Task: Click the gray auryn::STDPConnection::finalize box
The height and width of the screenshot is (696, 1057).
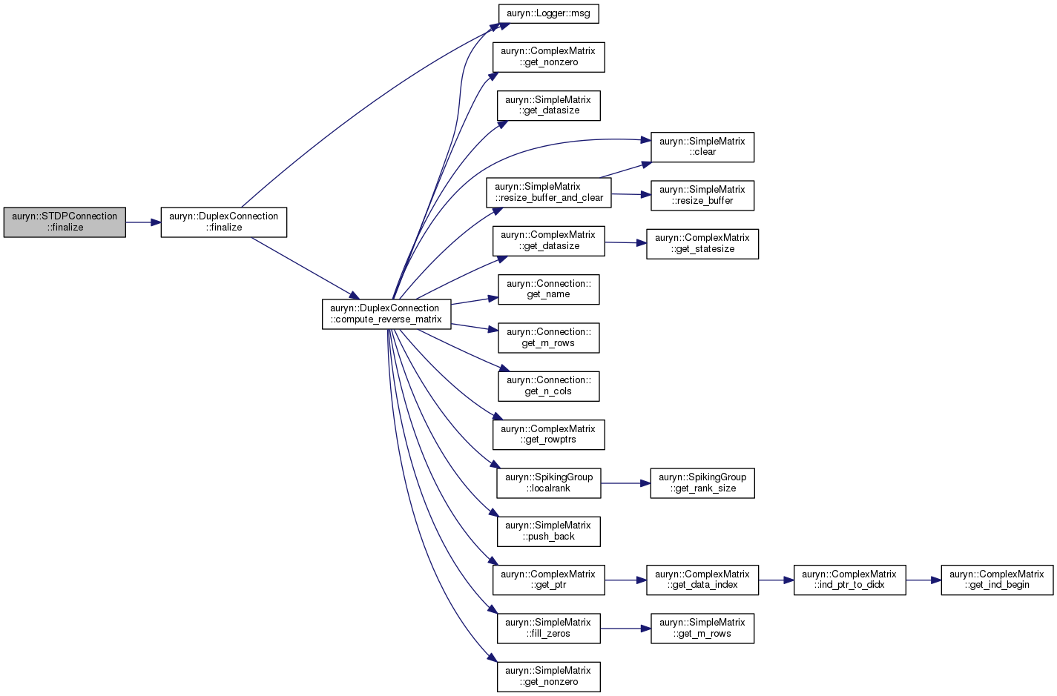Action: [x=65, y=222]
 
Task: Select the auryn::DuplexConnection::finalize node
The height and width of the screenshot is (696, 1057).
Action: [x=224, y=222]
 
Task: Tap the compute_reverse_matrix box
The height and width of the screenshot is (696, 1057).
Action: [x=386, y=314]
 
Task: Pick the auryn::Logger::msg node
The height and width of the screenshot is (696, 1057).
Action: [x=548, y=13]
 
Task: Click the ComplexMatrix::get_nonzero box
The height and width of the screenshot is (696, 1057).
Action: [x=548, y=57]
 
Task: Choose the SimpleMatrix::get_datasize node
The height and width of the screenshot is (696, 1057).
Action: [x=548, y=106]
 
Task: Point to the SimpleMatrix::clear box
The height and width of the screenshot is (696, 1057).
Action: [x=702, y=147]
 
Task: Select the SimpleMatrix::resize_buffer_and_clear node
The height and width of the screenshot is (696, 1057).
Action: [x=549, y=193]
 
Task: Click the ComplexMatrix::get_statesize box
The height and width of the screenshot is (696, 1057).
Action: [x=702, y=244]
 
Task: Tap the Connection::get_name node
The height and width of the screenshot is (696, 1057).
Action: [x=548, y=290]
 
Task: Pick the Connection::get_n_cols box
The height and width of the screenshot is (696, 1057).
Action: [x=548, y=386]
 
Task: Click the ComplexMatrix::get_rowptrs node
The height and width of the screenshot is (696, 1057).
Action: [x=548, y=435]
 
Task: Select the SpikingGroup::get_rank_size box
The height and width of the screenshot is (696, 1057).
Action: [x=702, y=483]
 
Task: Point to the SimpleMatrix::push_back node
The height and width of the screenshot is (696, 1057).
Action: [x=548, y=531]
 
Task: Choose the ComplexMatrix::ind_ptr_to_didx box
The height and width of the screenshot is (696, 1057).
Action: [x=849, y=580]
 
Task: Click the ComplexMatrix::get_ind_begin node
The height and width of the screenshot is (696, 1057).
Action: [x=997, y=580]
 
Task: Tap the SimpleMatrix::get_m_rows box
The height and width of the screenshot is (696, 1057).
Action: [x=702, y=628]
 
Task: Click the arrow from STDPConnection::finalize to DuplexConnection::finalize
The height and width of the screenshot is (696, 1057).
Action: [x=143, y=222]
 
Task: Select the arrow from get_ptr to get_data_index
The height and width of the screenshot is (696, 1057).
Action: [x=625, y=580]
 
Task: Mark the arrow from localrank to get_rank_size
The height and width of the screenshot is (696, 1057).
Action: [x=625, y=483]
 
